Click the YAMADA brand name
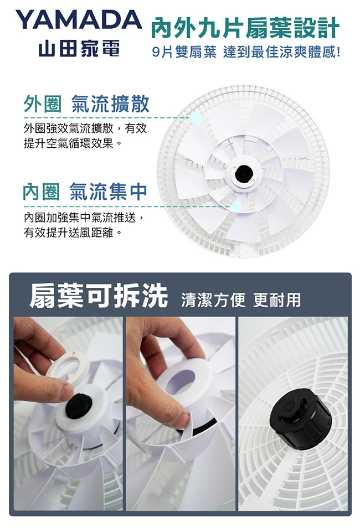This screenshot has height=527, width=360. pos(79,20)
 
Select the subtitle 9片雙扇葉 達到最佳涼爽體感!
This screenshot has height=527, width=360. pos(246,53)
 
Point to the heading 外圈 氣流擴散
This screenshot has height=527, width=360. pos(86,104)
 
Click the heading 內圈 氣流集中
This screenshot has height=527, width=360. pos(85,191)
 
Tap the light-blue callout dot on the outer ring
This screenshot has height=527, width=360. pos(196,117)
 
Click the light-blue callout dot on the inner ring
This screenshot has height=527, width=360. pos(237,206)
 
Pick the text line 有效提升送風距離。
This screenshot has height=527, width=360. pos(73,232)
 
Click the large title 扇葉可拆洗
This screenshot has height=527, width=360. pos(99,296)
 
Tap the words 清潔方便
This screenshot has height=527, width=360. pos(213,300)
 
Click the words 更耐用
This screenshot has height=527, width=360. pos(277,300)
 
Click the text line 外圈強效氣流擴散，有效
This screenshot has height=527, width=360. pos(85,128)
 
